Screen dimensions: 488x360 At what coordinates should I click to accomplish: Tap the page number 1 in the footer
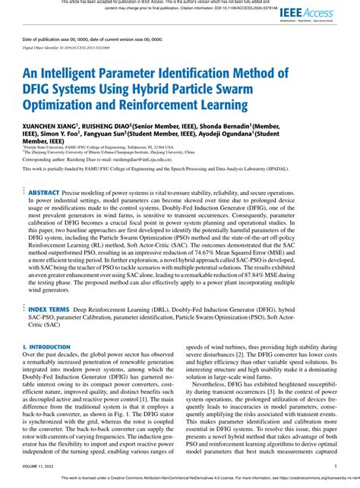coord(335,467)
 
